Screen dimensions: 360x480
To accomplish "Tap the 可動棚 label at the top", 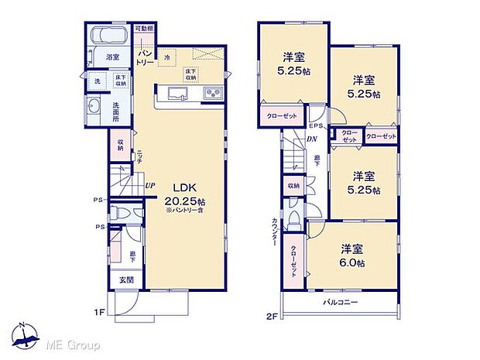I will [143, 28].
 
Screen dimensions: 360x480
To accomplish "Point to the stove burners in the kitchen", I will [212, 94].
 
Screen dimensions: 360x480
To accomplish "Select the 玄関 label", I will [125, 281].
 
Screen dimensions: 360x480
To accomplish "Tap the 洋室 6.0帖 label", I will [352, 256].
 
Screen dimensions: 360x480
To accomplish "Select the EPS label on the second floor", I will [316, 126].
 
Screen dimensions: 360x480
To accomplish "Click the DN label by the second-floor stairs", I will [310, 139].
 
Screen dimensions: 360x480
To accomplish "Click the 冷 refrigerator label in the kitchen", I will [166, 57].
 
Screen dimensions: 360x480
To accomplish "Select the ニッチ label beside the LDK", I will [140, 157].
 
